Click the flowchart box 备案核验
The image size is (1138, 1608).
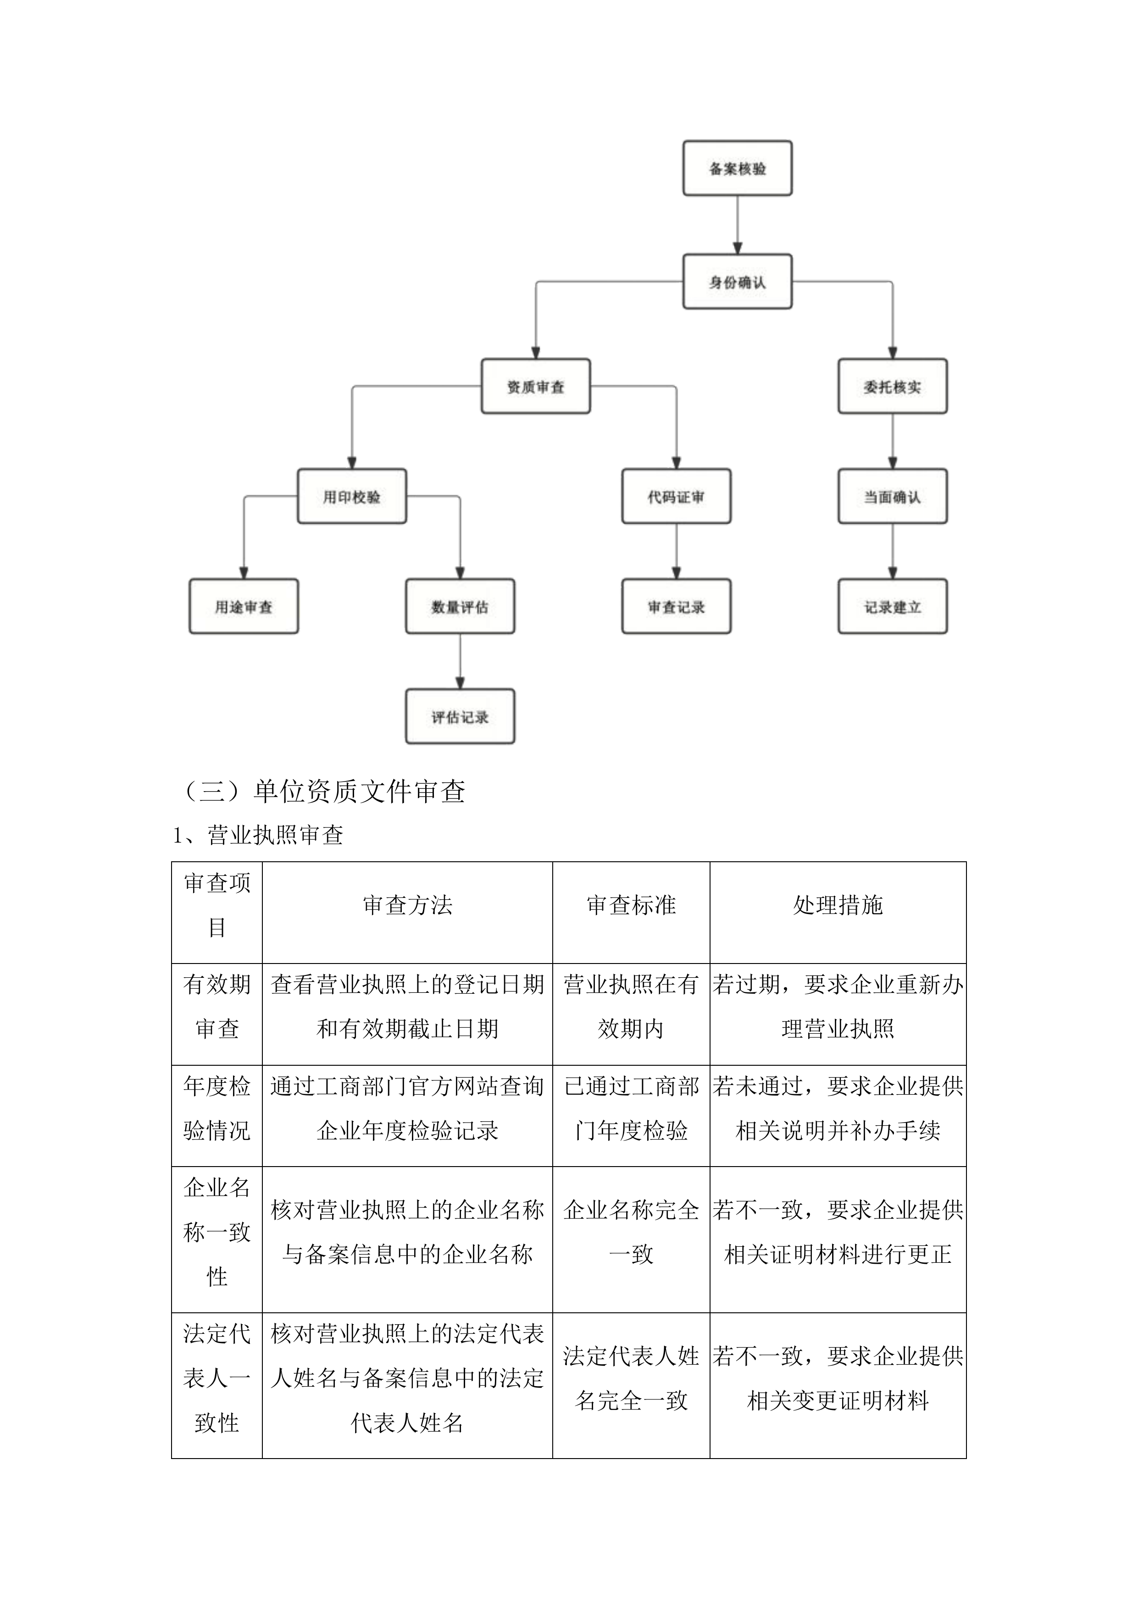(737, 168)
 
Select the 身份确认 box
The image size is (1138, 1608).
(737, 281)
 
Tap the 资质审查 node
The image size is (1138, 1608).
(535, 386)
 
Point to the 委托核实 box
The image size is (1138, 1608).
(892, 386)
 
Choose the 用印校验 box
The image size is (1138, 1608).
(352, 496)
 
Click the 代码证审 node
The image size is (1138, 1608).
(676, 496)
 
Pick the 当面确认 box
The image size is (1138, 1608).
(892, 496)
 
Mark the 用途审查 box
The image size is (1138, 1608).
(244, 606)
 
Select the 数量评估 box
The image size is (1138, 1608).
(460, 606)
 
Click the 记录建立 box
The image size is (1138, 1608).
(892, 606)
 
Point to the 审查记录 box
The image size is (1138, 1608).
(676, 606)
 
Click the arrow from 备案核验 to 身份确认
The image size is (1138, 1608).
(737, 225)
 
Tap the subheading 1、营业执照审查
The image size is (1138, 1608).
(258, 835)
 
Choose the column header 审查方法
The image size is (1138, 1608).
(407, 905)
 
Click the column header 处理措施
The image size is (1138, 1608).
(838, 905)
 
